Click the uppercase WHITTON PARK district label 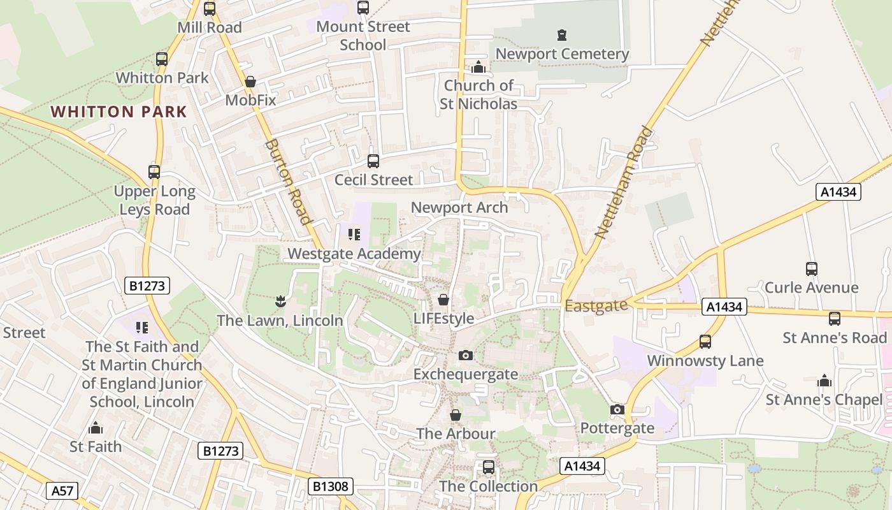point(119,112)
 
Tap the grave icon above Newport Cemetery point(561,35)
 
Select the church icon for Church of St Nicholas point(478,67)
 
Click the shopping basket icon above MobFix point(250,82)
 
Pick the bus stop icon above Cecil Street point(373,161)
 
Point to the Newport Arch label point(459,208)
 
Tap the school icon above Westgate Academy point(354,235)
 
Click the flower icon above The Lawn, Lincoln point(280,300)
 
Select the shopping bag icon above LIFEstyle point(443,300)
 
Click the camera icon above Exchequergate point(466,355)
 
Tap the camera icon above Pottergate point(617,409)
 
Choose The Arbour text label point(456,434)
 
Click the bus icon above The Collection point(489,467)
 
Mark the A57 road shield point(62,491)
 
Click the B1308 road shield point(331,487)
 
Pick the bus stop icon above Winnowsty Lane point(705,342)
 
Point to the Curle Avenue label point(811,288)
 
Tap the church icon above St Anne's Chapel point(824,381)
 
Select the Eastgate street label point(596,307)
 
